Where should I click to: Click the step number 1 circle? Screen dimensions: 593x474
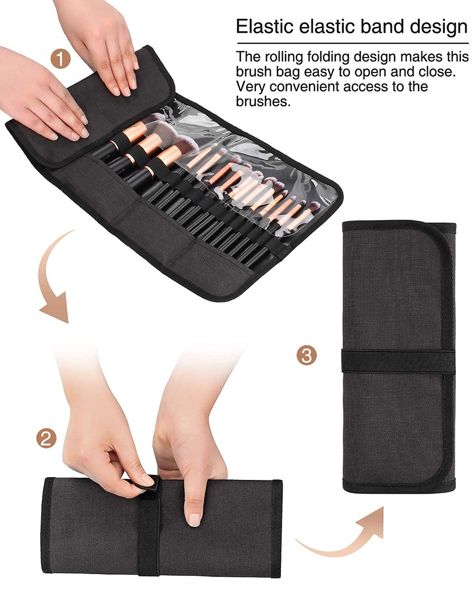60,59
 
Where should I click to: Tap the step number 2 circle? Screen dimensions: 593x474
47,438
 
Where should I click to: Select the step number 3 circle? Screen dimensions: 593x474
306,355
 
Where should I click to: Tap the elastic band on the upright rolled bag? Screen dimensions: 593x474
398,359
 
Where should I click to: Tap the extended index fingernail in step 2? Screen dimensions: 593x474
194,519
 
